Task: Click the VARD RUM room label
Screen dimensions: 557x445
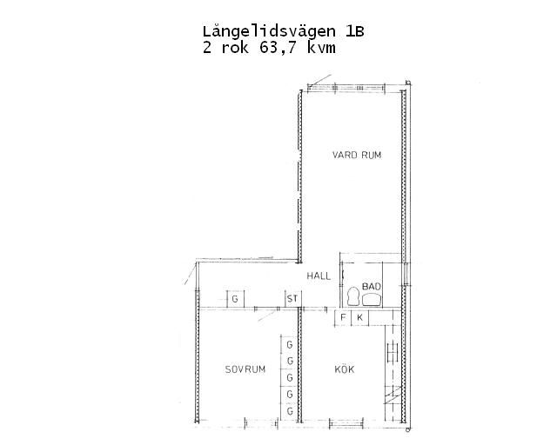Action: (x=357, y=155)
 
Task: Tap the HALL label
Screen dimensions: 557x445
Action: (x=319, y=276)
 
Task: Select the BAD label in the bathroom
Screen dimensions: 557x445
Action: (x=372, y=286)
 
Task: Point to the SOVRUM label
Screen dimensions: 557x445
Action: (x=245, y=369)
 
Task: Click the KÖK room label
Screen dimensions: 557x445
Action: (x=345, y=369)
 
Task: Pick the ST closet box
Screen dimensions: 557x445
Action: (x=293, y=299)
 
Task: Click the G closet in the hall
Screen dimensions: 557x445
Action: (x=236, y=299)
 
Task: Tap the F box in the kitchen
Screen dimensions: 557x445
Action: (x=343, y=317)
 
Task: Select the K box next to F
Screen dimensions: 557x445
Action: (x=359, y=317)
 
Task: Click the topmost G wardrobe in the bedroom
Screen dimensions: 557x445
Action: (x=289, y=344)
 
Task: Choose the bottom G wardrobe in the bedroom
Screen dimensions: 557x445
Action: (x=289, y=412)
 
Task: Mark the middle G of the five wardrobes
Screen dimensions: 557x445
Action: (x=289, y=377)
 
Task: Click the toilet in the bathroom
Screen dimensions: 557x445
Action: (x=353, y=296)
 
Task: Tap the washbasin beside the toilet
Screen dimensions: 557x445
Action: (x=372, y=300)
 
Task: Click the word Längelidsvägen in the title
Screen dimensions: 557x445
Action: (x=269, y=32)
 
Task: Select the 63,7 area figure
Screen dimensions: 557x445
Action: (x=278, y=48)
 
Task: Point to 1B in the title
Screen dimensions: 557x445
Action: (x=354, y=32)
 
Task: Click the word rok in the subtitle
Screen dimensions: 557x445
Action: (x=235, y=48)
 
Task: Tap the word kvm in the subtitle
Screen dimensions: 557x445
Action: (x=321, y=48)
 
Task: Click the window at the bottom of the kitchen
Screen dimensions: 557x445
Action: (x=346, y=422)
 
